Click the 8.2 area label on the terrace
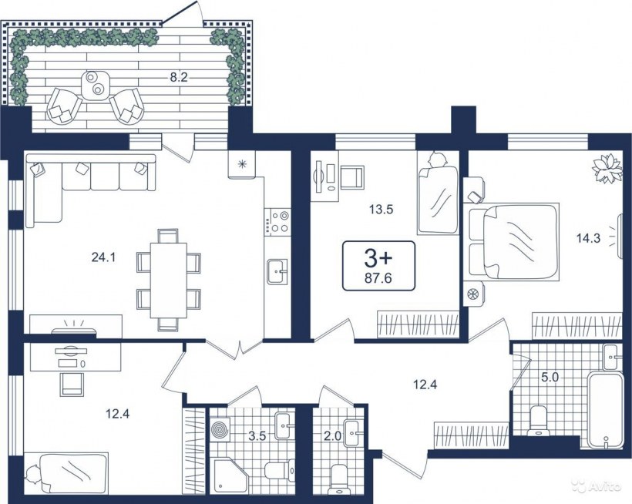[x=179, y=78]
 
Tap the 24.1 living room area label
[x=103, y=257]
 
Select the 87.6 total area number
[x=378, y=278]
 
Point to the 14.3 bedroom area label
[x=588, y=238]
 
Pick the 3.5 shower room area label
[x=257, y=436]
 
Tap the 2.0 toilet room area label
[x=332, y=436]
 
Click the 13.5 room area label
[x=381, y=210]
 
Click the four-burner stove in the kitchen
[x=277, y=222]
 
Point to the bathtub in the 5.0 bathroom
[x=604, y=410]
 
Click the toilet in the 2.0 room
[x=338, y=480]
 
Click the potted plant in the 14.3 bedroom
[x=607, y=169]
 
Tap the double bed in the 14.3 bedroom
[x=512, y=241]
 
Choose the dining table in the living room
[x=169, y=280]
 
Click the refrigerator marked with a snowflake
[x=242, y=164]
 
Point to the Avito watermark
[x=601, y=486]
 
